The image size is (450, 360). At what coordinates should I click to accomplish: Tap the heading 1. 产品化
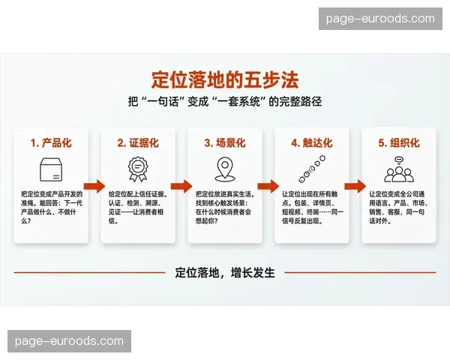point(51,142)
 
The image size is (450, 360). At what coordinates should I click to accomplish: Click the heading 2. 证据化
point(138,142)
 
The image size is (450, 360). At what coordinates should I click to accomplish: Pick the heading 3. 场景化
point(225,142)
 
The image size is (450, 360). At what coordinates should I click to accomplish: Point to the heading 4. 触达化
point(312,142)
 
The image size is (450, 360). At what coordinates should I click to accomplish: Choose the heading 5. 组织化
point(399,142)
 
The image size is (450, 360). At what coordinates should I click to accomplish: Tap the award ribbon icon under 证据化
point(138,169)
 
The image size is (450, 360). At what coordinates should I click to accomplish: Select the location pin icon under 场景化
point(225,169)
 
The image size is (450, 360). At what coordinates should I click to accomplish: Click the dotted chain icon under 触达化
point(312,169)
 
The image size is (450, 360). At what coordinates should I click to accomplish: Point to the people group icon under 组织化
point(399,169)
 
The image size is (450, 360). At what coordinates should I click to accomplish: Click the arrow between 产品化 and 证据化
point(94,186)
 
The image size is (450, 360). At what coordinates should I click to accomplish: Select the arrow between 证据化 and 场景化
point(181,186)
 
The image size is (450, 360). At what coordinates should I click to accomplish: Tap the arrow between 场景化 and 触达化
point(268,186)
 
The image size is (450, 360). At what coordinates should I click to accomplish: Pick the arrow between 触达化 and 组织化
point(355,186)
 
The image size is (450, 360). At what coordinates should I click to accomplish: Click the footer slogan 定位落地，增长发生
point(225,273)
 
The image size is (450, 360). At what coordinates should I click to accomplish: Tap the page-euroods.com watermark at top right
point(381,19)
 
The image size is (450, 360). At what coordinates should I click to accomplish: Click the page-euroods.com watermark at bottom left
point(69,341)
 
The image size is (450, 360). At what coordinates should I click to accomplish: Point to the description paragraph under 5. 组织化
point(399,208)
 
